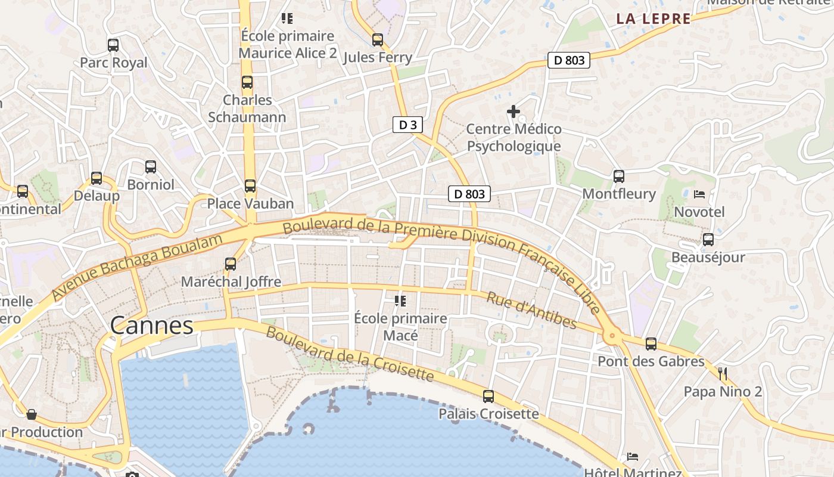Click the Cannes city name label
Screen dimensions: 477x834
[152, 326]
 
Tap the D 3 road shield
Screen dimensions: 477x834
[407, 125]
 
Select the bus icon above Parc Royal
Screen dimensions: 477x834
[113, 45]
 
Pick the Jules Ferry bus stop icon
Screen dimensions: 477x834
[378, 40]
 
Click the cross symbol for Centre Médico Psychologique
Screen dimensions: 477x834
[513, 111]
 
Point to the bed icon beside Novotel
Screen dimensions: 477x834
[699, 194]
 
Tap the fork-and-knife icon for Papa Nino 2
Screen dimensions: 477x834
[723, 374]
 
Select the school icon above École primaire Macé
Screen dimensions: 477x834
[400, 301]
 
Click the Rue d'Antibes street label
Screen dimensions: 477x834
[531, 310]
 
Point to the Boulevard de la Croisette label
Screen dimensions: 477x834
[350, 354]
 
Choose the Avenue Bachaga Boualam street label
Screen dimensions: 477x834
[136, 267]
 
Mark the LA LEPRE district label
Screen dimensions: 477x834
[653, 18]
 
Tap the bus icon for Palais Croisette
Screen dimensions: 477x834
[488, 396]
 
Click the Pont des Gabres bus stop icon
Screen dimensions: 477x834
[651, 344]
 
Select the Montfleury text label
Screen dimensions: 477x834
[618, 194]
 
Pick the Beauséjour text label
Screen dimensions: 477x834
[708, 258]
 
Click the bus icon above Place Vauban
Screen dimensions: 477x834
[250, 186]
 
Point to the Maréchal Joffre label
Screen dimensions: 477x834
[231, 281]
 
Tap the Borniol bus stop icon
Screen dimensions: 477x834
[151, 167]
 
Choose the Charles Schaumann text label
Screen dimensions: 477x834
[247, 109]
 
